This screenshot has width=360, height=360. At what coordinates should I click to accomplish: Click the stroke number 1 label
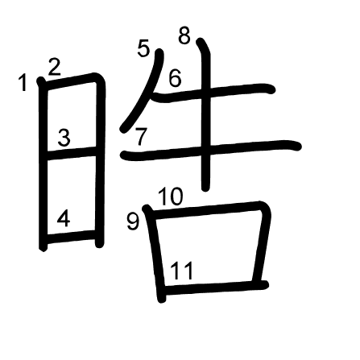pos(23,83)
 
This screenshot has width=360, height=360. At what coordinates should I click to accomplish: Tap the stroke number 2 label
pos(55,67)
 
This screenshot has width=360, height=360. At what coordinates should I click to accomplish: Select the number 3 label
pos(64,138)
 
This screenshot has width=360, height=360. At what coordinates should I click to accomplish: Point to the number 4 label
pos(64,218)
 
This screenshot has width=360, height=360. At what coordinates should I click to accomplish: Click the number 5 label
pos(143,48)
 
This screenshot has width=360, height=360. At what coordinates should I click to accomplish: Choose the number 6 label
pos(175,78)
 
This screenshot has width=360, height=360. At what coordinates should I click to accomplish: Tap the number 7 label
pos(141,136)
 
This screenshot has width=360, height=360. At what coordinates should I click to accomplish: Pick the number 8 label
pos(184,35)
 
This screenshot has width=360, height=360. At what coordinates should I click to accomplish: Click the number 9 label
pos(133,221)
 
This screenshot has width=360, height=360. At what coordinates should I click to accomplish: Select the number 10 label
pos(171,197)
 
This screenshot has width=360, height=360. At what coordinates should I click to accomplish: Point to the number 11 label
pos(181,271)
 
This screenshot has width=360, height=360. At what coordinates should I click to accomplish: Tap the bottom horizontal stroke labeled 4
pos(71,237)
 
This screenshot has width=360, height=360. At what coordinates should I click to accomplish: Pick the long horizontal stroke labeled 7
pos(211,151)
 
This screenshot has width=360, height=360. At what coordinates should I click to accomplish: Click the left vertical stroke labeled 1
pos(43,164)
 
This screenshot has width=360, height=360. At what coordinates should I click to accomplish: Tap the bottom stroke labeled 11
pos(216,287)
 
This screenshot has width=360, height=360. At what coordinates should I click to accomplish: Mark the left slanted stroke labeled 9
pos(155,254)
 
